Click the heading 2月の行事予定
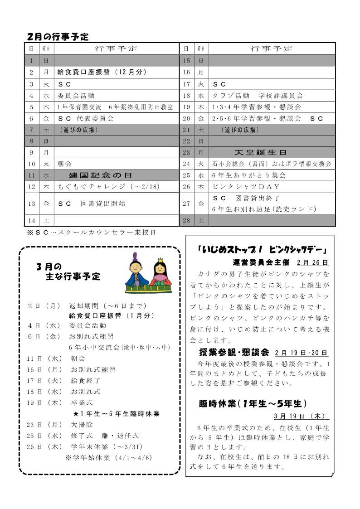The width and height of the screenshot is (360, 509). [x=57, y=37]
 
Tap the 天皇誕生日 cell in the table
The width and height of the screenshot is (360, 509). [x=260, y=153]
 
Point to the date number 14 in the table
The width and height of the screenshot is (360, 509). [x=31, y=221]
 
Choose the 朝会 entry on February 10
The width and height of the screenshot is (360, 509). [x=64, y=164]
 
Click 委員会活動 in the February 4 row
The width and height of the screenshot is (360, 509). [x=76, y=96]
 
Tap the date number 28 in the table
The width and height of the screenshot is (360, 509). [x=186, y=221]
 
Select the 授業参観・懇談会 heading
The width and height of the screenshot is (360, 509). [x=234, y=353]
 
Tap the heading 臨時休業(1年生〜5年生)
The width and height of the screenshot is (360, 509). [x=253, y=403]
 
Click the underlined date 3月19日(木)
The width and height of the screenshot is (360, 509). [x=301, y=416]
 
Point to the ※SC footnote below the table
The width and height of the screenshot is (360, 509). [x=92, y=233]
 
